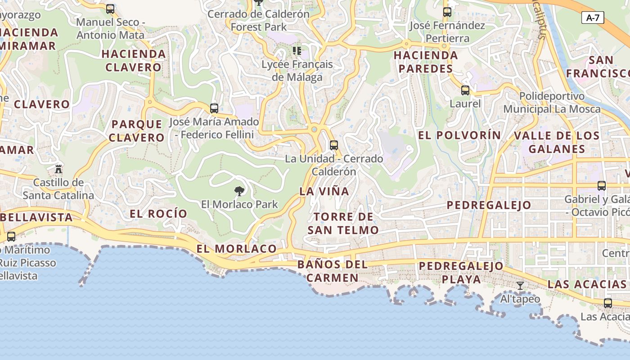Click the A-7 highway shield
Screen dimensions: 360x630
pyautogui.click(x=593, y=18)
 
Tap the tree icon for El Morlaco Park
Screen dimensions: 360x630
pyautogui.click(x=239, y=191)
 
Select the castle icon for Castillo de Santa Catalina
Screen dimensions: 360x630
pyautogui.click(x=58, y=169)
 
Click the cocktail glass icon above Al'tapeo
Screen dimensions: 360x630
pyautogui.click(x=520, y=285)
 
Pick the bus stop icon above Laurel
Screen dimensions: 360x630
pyautogui.click(x=465, y=90)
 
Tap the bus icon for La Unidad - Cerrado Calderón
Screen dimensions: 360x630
pyautogui.click(x=333, y=145)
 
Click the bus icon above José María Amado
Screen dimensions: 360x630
pyautogui.click(x=214, y=108)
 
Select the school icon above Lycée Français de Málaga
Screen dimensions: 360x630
pyautogui.click(x=297, y=50)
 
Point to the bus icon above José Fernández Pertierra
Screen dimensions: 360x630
pyautogui.click(x=447, y=12)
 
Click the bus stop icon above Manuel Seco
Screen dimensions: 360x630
pyautogui.click(x=110, y=9)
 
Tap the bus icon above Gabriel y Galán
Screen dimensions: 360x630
pyautogui.click(x=601, y=185)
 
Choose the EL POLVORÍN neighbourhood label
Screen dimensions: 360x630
pyautogui.click(x=459, y=135)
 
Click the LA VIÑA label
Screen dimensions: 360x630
pyautogui.click(x=324, y=191)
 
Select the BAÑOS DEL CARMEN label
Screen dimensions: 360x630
pyautogui.click(x=333, y=271)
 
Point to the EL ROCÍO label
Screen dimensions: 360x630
pyautogui.click(x=158, y=214)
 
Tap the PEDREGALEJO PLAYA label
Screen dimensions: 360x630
pyautogui.click(x=461, y=272)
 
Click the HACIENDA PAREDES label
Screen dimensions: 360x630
pyautogui.click(x=425, y=62)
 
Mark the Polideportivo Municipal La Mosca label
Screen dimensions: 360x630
pyautogui.click(x=552, y=103)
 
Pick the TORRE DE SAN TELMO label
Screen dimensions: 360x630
pyautogui.click(x=343, y=223)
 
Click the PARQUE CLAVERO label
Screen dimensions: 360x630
pyautogui.click(x=137, y=130)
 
